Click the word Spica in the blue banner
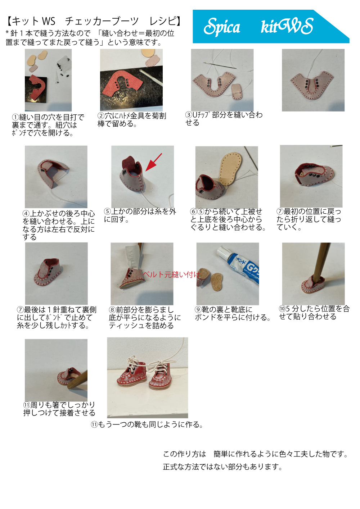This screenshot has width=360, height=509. tap(222, 27)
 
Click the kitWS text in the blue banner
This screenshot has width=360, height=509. tap(287, 26)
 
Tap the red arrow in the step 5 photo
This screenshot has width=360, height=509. tap(153, 162)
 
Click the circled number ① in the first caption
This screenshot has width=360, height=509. tap(15, 118)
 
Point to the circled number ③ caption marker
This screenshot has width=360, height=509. tap(189, 115)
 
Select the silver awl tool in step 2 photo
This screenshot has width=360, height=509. tap(151, 77)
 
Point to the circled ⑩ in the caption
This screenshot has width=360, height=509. tap(282, 309)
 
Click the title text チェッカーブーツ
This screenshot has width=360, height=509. tap(102, 21)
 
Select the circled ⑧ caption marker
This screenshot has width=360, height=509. tap(112, 310)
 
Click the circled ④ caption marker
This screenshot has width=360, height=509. tap(26, 214)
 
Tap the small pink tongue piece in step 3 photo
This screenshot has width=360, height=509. tap(237, 92)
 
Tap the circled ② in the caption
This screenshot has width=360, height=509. tap(101, 116)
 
